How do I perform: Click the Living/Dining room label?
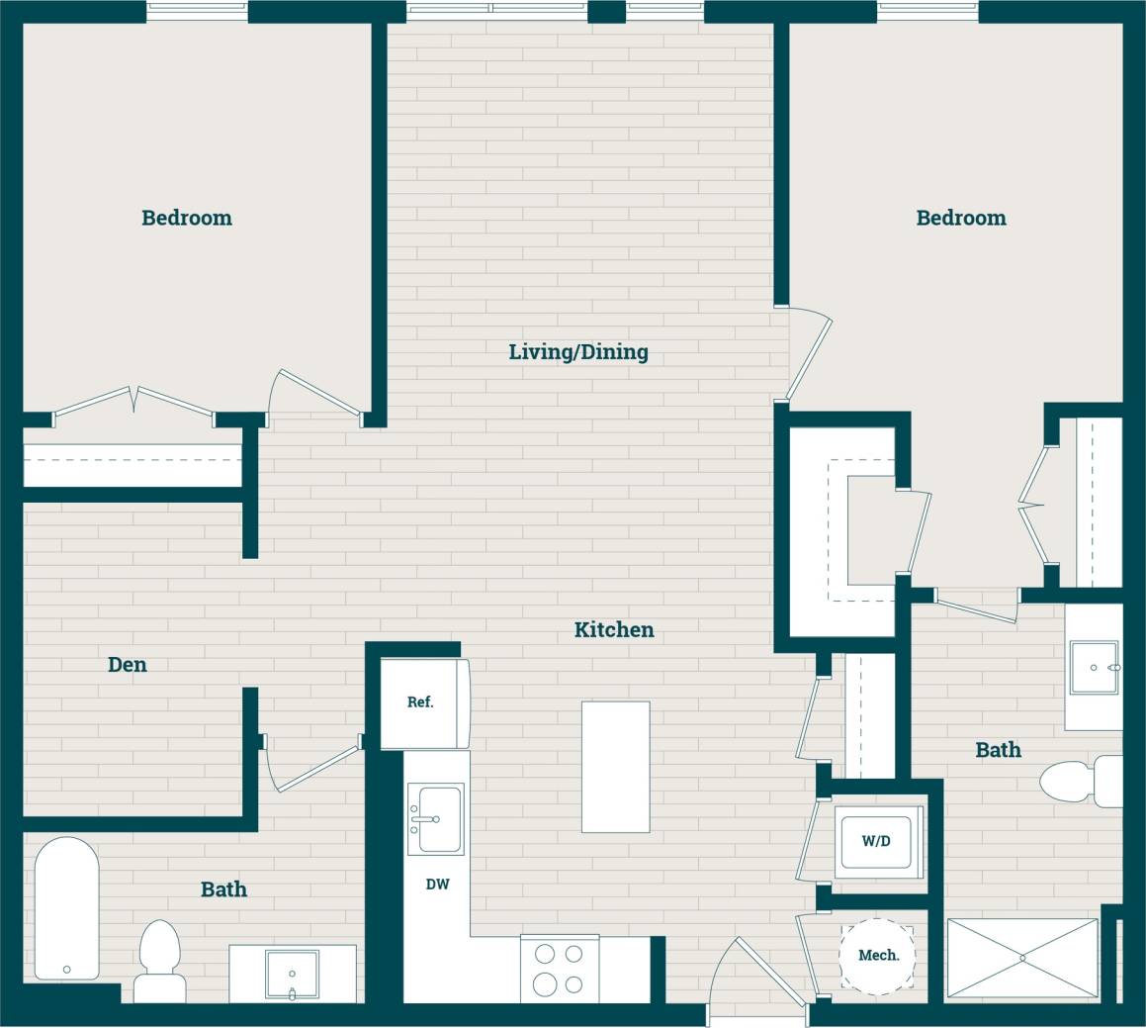pos(578,352)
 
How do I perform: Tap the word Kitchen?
pos(614,630)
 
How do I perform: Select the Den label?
pos(128,665)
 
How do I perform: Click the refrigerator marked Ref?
pos(420,702)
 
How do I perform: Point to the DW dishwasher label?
pos(437,885)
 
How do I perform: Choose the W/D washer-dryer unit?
pos(876,842)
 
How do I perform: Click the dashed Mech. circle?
pos(877,955)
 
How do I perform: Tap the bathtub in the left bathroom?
pos(66,908)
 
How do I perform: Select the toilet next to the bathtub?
pos(159,961)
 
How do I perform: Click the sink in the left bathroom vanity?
pos(292,974)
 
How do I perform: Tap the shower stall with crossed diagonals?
pos(1021,958)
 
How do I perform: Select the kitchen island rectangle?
pos(615,767)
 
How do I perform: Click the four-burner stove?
pos(560,969)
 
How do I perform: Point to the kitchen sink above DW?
pos(436,819)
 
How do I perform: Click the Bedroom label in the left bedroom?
pos(187,218)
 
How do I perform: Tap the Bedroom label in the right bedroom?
pos(961,218)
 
